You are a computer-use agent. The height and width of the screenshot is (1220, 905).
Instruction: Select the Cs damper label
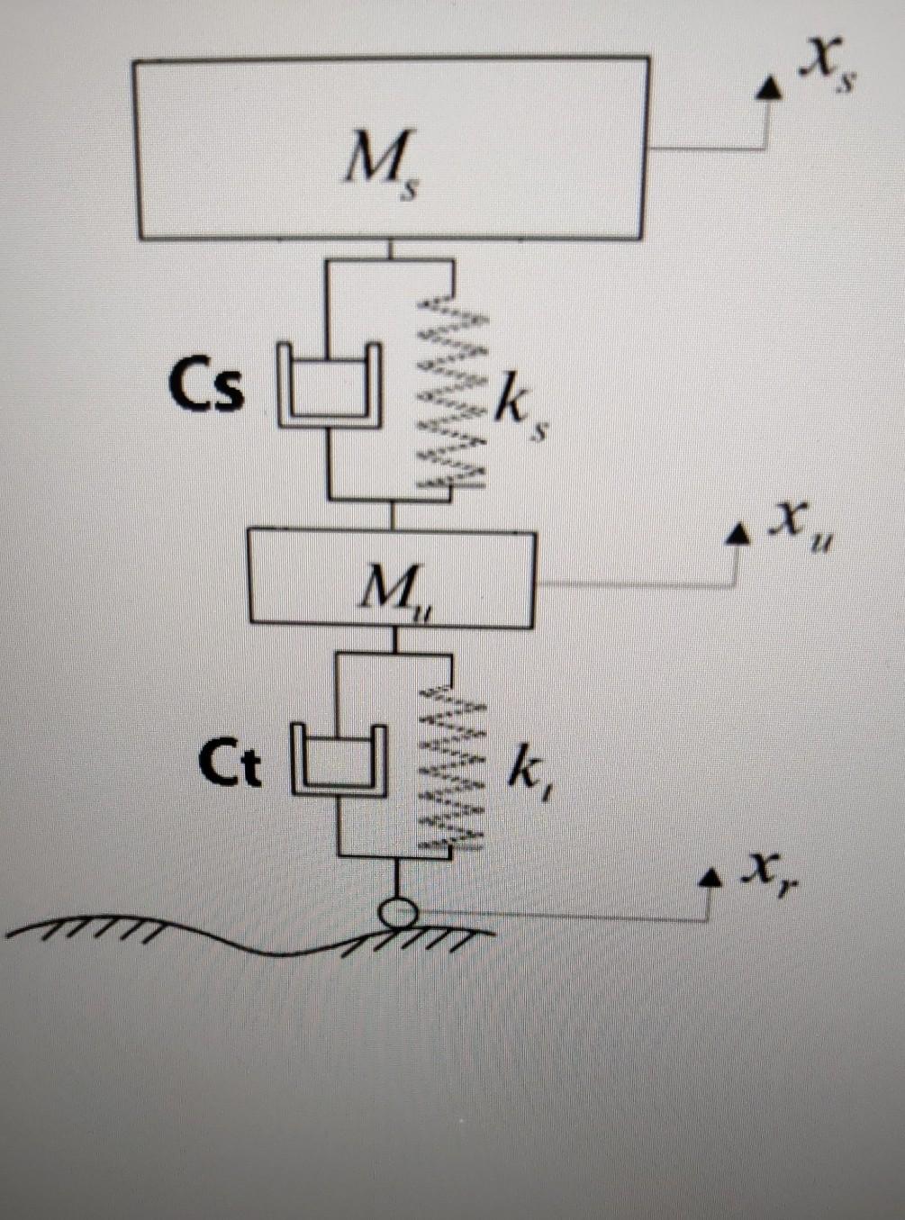pyautogui.click(x=206, y=388)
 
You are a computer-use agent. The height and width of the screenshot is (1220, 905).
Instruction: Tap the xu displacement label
pyautogui.click(x=798, y=527)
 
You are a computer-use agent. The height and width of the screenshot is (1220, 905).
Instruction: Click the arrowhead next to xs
pyautogui.click(x=768, y=87)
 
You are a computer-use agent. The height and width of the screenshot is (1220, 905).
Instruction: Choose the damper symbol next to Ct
pyautogui.click(x=339, y=761)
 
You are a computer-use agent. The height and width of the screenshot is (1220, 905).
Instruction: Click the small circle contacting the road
pyautogui.click(x=397, y=914)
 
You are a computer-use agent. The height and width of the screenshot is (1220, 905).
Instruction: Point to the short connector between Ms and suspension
pyautogui.click(x=390, y=249)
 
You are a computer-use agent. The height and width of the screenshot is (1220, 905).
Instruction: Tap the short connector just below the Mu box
pyautogui.click(x=394, y=639)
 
